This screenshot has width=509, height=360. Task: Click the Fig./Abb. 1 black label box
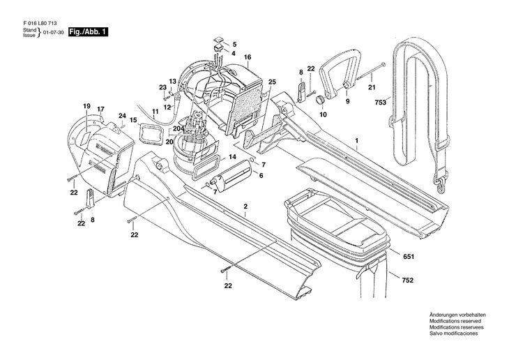87,33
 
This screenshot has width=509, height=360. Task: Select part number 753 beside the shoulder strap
379,103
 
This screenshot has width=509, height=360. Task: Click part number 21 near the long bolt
371,87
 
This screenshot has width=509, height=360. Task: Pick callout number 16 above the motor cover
248,57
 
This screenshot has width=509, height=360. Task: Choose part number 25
272,82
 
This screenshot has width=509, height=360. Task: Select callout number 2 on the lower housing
245,207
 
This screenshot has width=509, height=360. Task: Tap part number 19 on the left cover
87,106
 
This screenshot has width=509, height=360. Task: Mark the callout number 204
178,129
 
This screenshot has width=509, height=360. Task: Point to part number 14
232,158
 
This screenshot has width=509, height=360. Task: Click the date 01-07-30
54,33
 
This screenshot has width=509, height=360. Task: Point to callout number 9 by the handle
347,101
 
